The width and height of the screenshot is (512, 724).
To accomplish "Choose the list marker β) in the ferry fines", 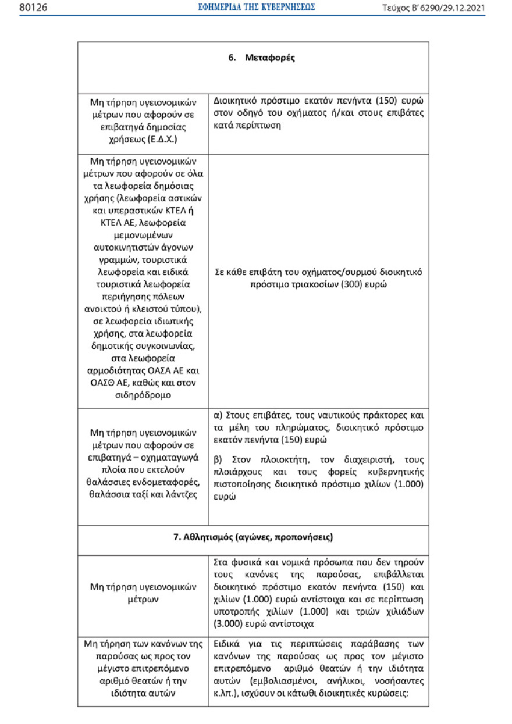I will click(218, 459).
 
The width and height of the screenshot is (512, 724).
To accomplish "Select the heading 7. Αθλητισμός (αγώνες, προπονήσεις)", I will click(253, 537).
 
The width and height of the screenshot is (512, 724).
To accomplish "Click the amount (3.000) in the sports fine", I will click(229, 624).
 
